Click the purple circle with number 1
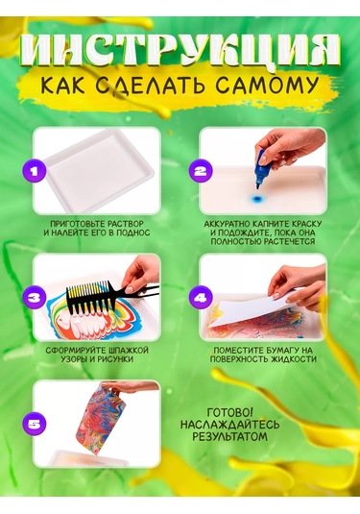36,172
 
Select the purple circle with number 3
36,299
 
